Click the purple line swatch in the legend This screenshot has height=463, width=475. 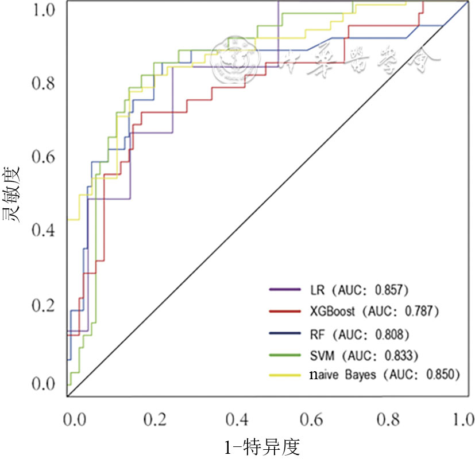[x=285, y=289]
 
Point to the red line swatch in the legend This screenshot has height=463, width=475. [x=285, y=312]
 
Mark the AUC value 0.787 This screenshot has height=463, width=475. [x=422, y=312]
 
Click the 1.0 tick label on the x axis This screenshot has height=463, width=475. [x=462, y=420]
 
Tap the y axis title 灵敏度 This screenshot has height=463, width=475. [x=13, y=194]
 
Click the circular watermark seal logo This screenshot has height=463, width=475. [x=232, y=60]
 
